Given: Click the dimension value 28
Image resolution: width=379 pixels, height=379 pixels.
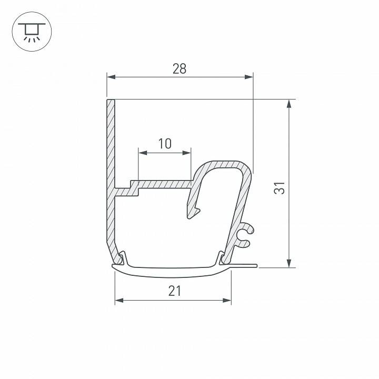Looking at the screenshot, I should (x=179, y=68).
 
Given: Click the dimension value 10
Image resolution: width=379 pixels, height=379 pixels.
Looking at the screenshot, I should (x=165, y=143).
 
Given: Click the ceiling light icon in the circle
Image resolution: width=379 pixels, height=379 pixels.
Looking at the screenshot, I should (x=31, y=31).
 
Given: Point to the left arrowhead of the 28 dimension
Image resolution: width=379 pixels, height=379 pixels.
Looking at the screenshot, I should (x=111, y=77).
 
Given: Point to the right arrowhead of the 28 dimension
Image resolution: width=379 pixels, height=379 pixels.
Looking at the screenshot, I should (x=249, y=77).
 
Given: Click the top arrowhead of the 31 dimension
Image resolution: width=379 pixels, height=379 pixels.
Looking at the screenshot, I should (x=289, y=104).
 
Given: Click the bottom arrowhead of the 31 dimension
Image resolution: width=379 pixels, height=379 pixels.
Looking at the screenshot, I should (x=289, y=263).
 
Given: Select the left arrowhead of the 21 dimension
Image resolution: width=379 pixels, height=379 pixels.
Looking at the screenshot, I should (x=119, y=301).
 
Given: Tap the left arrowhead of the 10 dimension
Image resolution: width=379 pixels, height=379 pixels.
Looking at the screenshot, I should (x=142, y=153).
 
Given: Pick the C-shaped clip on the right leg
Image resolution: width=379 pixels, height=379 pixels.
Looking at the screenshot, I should (x=246, y=235).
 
